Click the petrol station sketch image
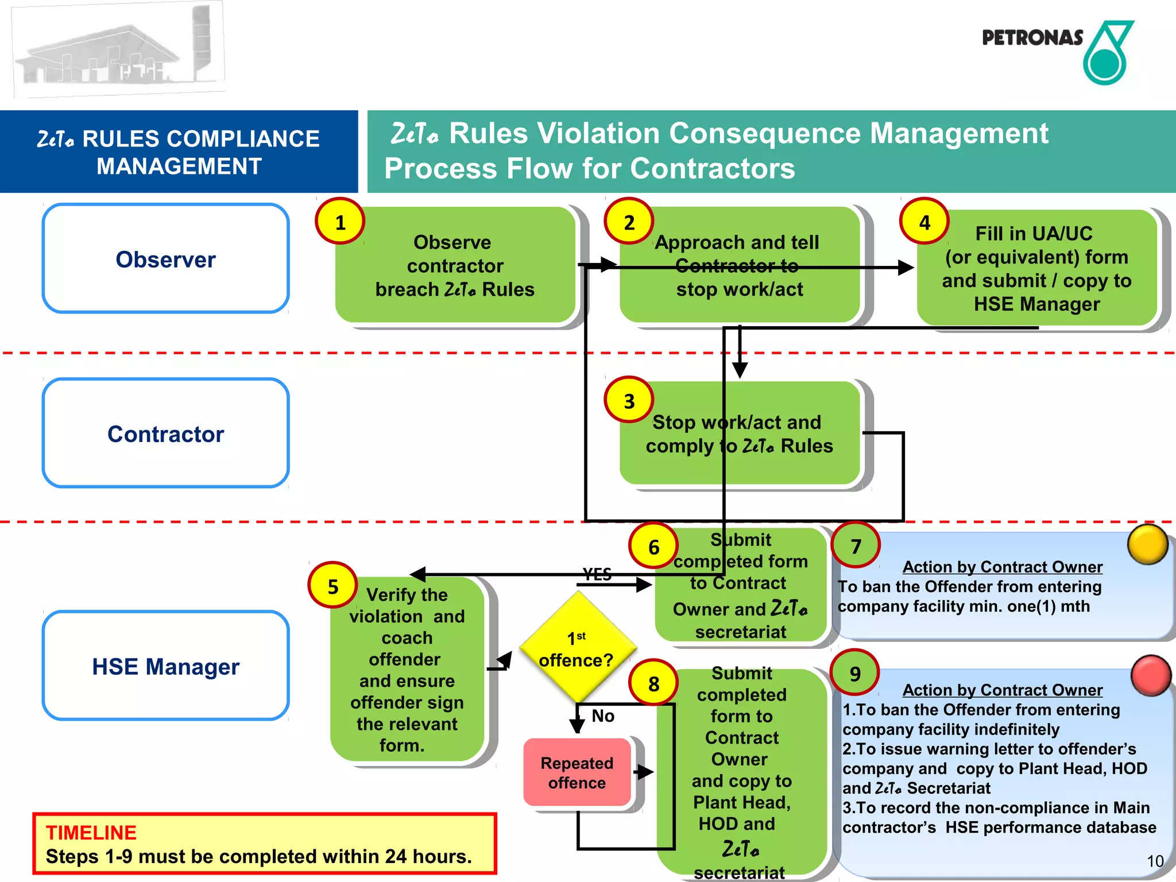point(118,51)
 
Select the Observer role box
point(165,259)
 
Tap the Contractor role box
point(165,434)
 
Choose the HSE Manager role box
point(165,666)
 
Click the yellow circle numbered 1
point(340,222)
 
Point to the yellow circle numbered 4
point(924,222)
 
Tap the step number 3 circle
point(629,400)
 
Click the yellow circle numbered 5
point(332,586)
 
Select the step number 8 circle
point(653,683)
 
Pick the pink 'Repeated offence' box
point(577,772)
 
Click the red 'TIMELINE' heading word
point(91,832)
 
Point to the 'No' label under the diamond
point(603,715)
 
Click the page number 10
point(1155,861)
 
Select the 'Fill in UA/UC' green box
point(1036,268)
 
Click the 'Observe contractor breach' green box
point(455,265)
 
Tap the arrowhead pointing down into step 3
point(740,370)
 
